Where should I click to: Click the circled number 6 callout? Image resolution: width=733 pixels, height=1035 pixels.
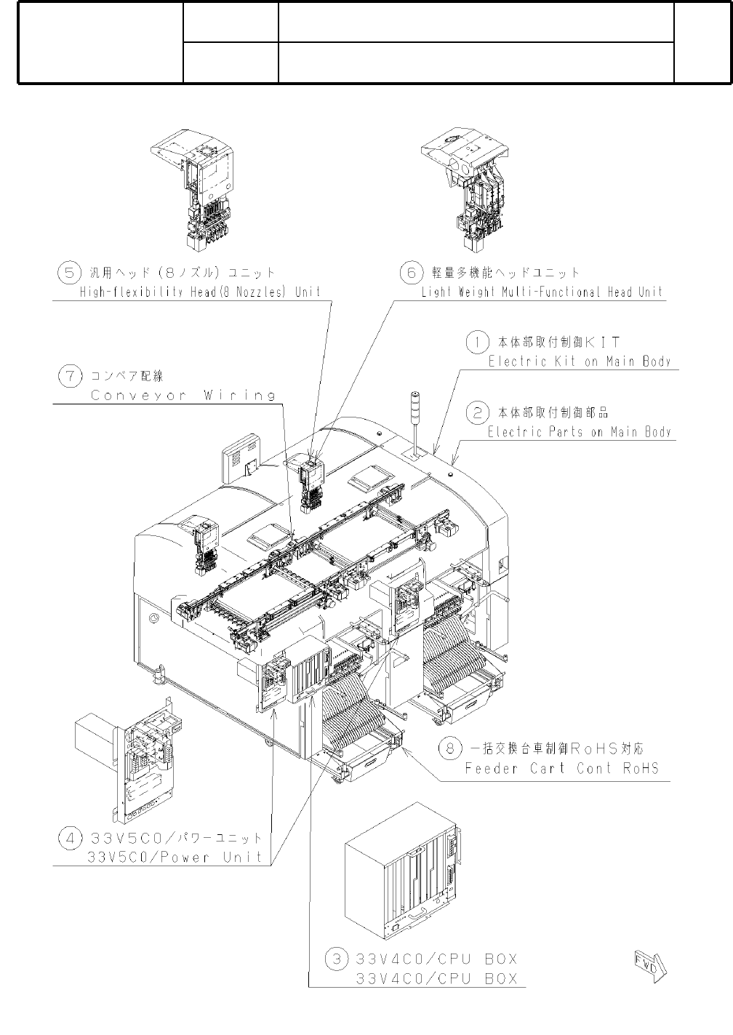pos(411,272)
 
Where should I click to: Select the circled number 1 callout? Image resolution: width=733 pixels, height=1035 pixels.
pos(476,340)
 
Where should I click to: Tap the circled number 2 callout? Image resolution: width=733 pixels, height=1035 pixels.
pos(476,412)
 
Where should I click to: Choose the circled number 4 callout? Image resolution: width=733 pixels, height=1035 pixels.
pos(69,839)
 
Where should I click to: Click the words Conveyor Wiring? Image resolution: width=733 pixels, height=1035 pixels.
pos(183,395)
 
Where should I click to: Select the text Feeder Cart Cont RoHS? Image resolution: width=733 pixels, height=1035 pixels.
pos(562,768)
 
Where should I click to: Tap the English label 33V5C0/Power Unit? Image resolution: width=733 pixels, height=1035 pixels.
pos(175,857)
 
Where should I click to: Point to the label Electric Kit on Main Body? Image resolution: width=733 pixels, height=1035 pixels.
pos(580,361)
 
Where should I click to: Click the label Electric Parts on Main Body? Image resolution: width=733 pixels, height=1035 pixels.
pos(580,432)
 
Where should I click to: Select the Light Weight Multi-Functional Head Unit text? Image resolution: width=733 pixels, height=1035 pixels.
pos(542,292)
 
